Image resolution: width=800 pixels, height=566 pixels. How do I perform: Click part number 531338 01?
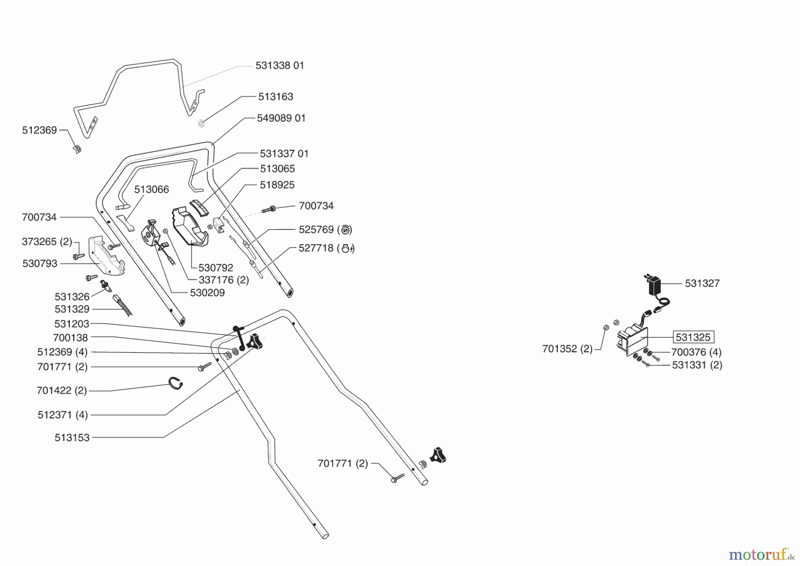[x=280, y=66]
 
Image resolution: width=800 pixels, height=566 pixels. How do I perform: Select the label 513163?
[x=276, y=97]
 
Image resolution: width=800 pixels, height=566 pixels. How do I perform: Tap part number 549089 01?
[x=281, y=118]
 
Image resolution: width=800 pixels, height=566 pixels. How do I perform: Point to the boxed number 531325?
[x=693, y=337]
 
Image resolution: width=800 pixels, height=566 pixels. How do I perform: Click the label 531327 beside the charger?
[x=702, y=283]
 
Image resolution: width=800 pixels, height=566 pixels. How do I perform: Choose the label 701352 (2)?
[x=568, y=349]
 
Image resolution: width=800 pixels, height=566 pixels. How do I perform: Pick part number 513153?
[x=72, y=438]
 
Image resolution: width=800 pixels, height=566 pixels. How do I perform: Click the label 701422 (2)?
[x=62, y=391]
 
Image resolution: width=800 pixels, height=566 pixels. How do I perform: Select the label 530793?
[x=40, y=263]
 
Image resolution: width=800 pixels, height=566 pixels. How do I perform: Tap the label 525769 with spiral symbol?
[x=325, y=230]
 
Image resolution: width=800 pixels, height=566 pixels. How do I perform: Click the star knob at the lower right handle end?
[x=437, y=455]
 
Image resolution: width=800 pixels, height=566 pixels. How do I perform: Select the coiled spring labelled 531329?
[x=123, y=305]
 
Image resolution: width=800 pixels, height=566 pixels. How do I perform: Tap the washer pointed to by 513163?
[x=201, y=123]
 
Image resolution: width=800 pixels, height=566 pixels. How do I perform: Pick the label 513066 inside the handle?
[x=152, y=190]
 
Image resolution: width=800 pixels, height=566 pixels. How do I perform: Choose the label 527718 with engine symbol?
[x=327, y=248]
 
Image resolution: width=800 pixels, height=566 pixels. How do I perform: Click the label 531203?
[x=72, y=324]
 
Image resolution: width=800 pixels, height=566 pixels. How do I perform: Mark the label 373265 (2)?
[x=47, y=242]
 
